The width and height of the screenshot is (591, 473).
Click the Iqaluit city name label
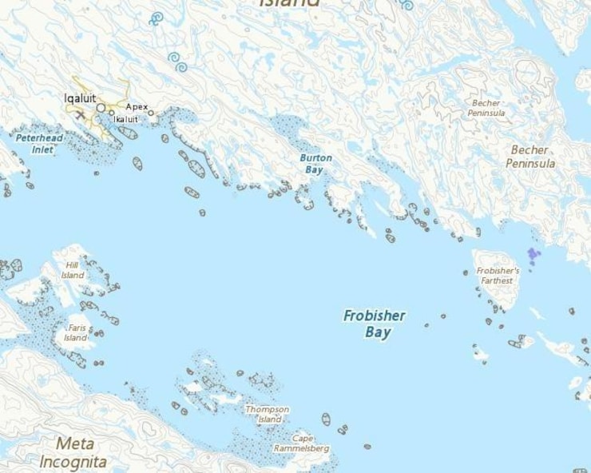80,98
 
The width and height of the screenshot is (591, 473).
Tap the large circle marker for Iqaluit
101,107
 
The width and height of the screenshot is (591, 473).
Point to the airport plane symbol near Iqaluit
80,114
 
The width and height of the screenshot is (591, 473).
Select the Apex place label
137,106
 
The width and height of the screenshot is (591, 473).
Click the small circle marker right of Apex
151,113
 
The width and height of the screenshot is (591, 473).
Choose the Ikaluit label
125,119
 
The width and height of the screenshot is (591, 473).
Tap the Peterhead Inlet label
35,143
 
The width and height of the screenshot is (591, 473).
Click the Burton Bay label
315,164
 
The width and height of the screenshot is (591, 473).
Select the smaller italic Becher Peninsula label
486,108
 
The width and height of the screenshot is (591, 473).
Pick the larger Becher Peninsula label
530,157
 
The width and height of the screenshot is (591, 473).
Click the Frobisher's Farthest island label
498,276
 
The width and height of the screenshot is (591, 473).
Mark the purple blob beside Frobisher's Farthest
533,255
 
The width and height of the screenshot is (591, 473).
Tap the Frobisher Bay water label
374,324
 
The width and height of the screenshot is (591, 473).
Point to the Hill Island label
73,271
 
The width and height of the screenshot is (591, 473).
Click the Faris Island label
77,332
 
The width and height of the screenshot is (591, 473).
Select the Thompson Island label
267,414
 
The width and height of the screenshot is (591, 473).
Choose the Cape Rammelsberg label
301,443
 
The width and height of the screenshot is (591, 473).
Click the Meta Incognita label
73,452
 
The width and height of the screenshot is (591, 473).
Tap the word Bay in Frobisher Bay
379,332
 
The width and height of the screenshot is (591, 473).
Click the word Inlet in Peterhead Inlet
42,149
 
